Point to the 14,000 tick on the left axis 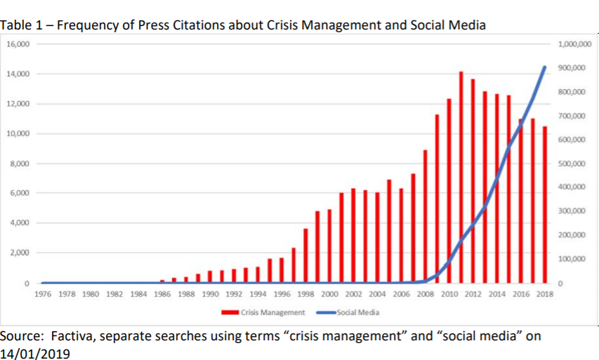coord(18,74)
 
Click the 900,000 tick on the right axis coord(570,68)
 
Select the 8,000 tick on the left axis coord(19,164)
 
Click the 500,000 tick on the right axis coord(570,164)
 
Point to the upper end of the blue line coord(544,67)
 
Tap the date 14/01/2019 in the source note coord(36,353)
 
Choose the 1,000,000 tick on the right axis coord(573,44)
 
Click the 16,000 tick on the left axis coord(18,44)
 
